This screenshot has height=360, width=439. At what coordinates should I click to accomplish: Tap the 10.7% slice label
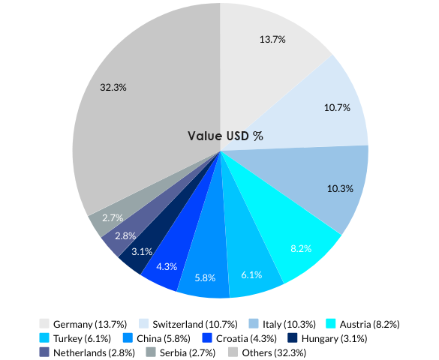[x=337, y=107]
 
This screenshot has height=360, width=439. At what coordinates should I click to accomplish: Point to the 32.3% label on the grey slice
[x=113, y=87]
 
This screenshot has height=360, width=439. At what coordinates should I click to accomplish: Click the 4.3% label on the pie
[x=167, y=266]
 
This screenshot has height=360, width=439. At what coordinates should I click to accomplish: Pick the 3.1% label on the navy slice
[x=141, y=251]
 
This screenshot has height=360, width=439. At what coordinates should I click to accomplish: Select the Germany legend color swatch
[x=45, y=324]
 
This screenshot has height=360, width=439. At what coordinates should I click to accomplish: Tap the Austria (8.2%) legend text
[x=369, y=324]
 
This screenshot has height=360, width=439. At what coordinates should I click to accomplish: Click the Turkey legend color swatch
[x=45, y=338]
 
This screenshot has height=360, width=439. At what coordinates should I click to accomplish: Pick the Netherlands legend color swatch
[x=45, y=352]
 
